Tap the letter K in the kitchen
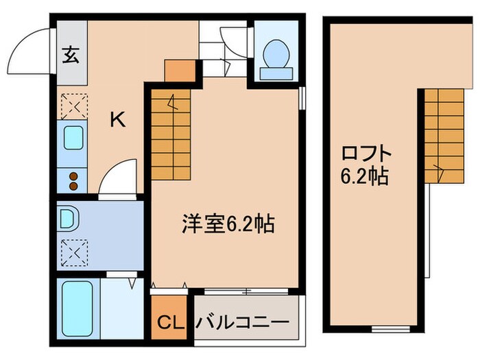click(x=118, y=121)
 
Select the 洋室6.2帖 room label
click(x=228, y=223)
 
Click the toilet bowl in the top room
click(x=276, y=53)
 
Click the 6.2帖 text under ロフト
click(x=364, y=177)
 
